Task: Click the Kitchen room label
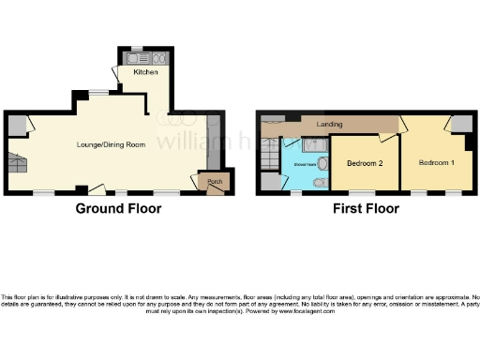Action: pos(145,72)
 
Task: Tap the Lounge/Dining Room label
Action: pos(116,144)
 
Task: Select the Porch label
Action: pos(215,181)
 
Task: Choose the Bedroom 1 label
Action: pos(438,162)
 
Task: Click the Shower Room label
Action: pos(305,163)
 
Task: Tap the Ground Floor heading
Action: pos(118,208)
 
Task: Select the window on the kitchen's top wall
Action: pos(137,48)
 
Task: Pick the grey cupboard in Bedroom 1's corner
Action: pos(458,126)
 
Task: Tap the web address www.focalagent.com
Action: pos(306,310)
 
